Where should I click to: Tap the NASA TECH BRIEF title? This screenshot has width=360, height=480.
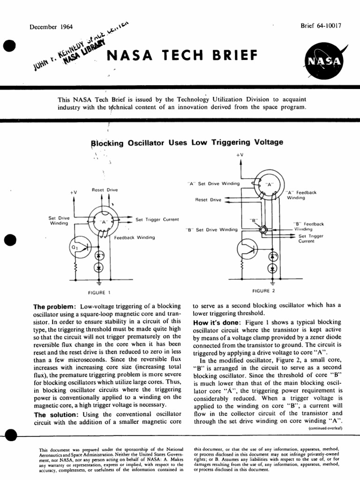182,56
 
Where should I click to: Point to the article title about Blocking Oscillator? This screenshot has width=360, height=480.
187,142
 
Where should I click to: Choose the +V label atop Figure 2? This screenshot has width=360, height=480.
240,154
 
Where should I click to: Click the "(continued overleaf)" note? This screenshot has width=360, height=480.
325,428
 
